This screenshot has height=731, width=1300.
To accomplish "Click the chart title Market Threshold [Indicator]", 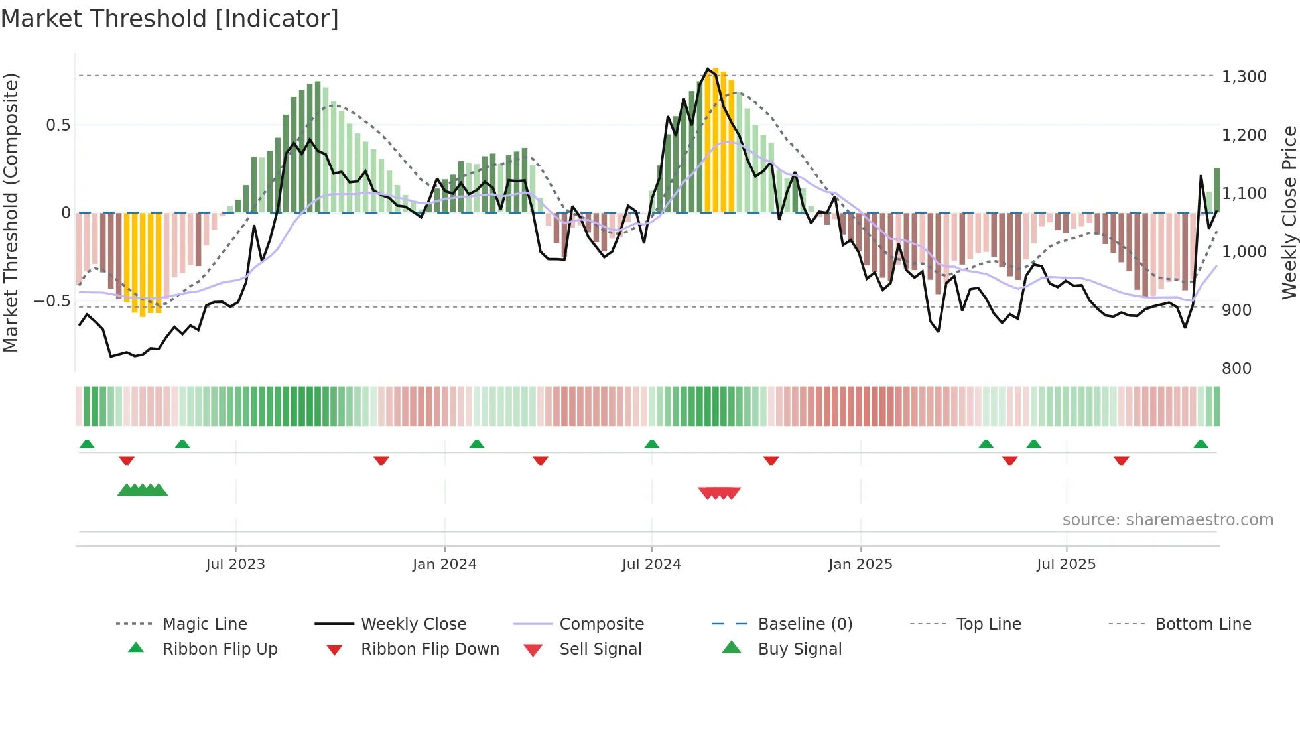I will click(x=170, y=19).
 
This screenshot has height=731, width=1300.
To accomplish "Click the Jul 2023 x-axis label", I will click(x=235, y=565).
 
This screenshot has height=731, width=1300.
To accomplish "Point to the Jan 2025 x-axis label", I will click(x=860, y=565).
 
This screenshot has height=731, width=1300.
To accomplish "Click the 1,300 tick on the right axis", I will click(x=1244, y=77).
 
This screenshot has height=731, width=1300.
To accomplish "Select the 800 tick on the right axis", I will click(x=1236, y=369).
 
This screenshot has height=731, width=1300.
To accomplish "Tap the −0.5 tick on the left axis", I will click(x=52, y=301).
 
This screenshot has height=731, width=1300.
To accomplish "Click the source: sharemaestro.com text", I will click(x=1167, y=520).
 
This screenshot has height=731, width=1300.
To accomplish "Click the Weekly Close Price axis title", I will click(x=1289, y=212).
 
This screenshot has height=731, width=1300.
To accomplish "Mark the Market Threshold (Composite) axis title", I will click(x=11, y=212).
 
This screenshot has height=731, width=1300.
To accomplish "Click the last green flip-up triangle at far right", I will click(x=1201, y=444).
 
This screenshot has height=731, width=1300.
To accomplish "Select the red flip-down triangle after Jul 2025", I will click(x=1121, y=460).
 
